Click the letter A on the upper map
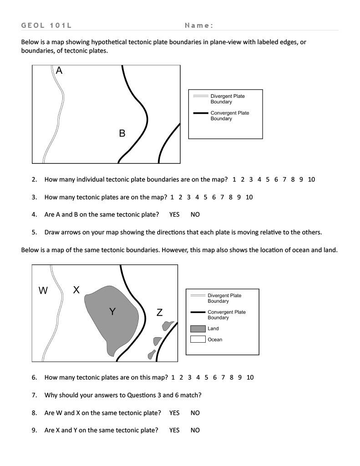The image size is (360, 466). click(x=59, y=71)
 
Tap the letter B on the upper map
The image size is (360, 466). click(x=122, y=133)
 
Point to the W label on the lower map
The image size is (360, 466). click(x=43, y=290)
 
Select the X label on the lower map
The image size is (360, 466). click(x=76, y=290)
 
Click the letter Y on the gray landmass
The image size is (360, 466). click(x=112, y=312)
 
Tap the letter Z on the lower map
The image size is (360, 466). click(x=159, y=313)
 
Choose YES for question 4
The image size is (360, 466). click(x=174, y=214)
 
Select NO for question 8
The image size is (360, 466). click(x=195, y=413)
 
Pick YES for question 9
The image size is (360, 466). click(x=174, y=430)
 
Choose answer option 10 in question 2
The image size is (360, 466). click(x=311, y=179)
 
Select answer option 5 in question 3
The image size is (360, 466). click(x=205, y=197)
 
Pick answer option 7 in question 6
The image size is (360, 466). click(x=223, y=377)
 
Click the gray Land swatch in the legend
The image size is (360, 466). click(x=198, y=329)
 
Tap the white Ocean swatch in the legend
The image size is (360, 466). click(x=198, y=339)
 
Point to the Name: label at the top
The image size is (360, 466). click(x=199, y=25)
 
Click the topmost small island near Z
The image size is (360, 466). click(x=168, y=325)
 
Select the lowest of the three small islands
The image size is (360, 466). click(x=152, y=354)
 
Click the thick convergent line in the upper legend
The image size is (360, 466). click(x=201, y=113)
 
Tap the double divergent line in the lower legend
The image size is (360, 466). click(x=198, y=296)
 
